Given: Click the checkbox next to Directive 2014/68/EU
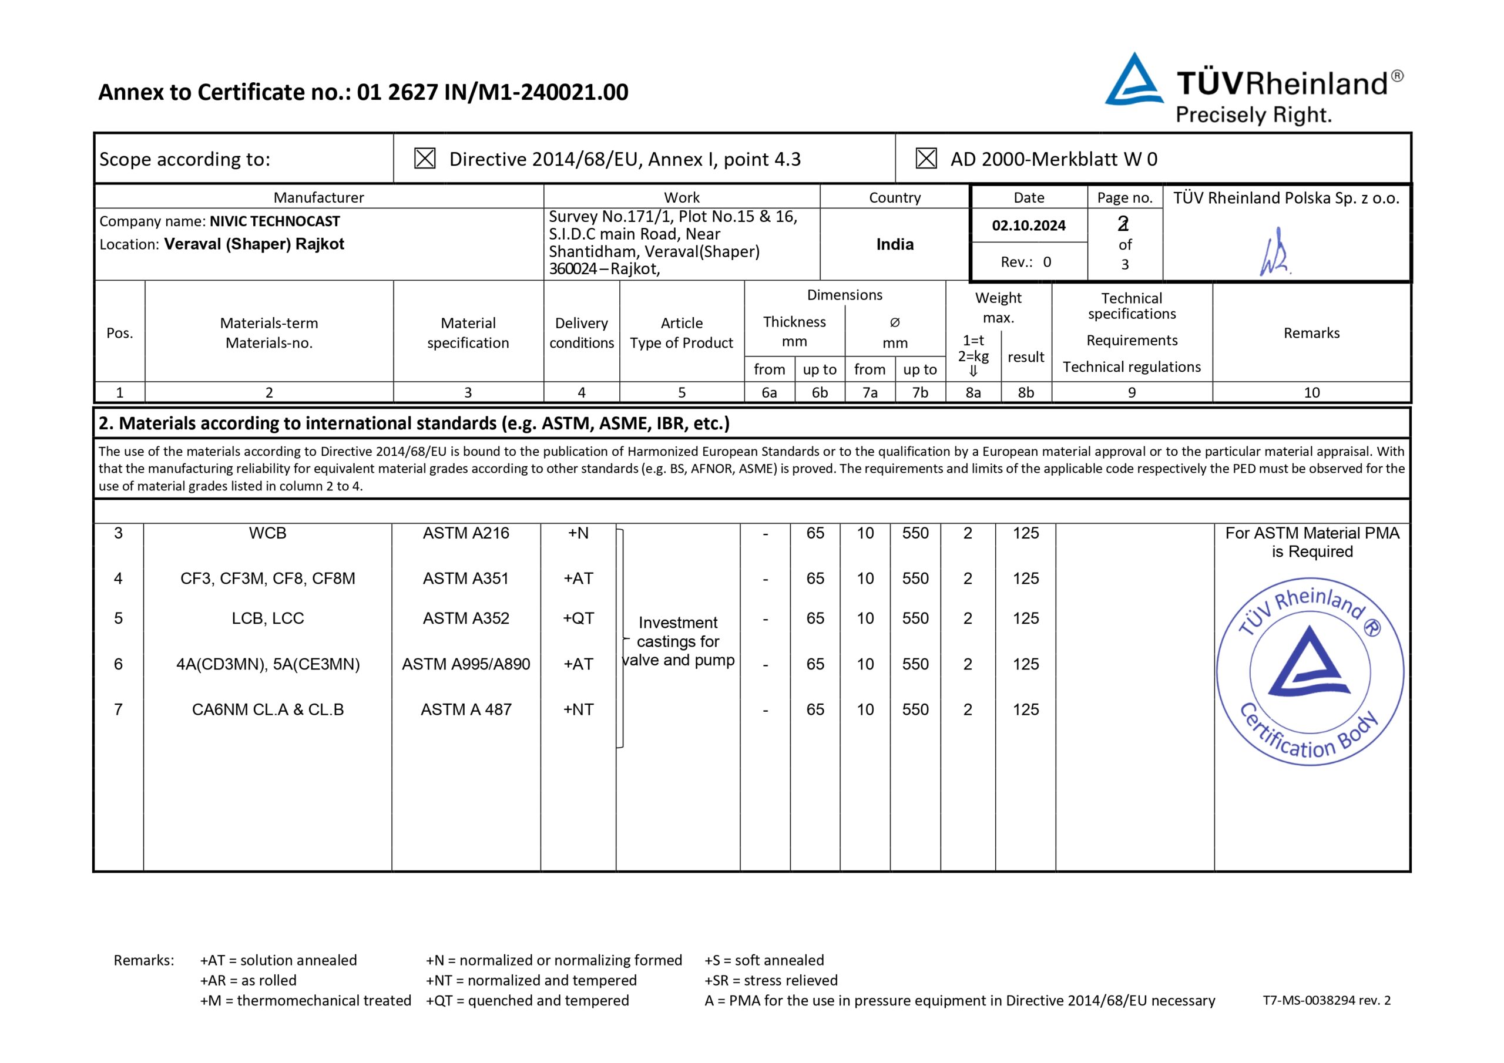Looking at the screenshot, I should click(425, 159).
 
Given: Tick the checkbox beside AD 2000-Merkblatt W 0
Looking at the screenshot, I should click(925, 159).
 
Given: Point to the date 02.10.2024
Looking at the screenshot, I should click(1029, 226).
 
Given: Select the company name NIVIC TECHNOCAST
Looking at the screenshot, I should click(274, 221).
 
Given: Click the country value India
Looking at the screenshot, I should click(895, 244).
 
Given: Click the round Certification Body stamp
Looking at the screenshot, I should click(1310, 672).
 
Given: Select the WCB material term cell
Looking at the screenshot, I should click(267, 533).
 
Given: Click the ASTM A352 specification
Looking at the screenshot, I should click(466, 618).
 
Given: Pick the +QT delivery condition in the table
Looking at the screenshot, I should click(579, 618).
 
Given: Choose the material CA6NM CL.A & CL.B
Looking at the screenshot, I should click(267, 709).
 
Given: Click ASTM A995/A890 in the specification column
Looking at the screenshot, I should click(466, 664).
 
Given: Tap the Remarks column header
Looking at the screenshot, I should click(1311, 333).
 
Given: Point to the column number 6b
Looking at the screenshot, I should click(820, 392).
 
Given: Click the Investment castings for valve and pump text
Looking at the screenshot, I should click(678, 641).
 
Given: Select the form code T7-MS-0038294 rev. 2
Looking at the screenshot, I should click(1327, 1000).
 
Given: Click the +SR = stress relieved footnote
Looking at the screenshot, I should click(771, 980).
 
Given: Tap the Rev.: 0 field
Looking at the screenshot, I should click(1026, 262).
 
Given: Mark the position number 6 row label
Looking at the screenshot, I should click(119, 664).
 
